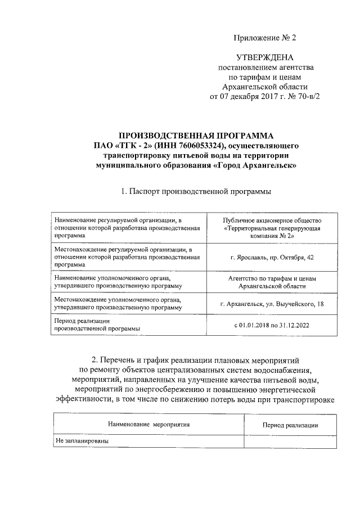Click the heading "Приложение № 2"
264,38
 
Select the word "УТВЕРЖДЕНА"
264,58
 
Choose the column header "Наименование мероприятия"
149,425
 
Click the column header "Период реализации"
290,425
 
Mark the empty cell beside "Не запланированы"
290,442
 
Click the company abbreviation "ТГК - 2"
133,146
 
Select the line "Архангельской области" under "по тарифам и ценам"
264,87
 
